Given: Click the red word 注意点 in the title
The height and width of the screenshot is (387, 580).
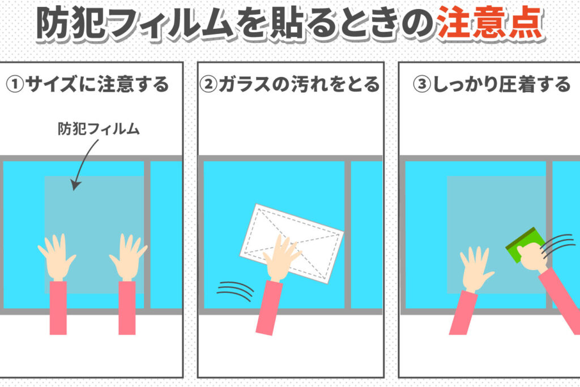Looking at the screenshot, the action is pyautogui.click(x=491, y=23).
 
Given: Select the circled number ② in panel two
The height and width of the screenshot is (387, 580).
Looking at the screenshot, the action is pyautogui.click(x=208, y=84).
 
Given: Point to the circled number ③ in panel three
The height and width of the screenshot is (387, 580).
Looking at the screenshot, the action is pyautogui.click(x=421, y=84).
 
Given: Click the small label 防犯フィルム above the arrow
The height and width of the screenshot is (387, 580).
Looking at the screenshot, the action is pyautogui.click(x=99, y=129).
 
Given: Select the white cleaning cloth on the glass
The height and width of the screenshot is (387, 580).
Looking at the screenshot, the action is pyautogui.click(x=292, y=244).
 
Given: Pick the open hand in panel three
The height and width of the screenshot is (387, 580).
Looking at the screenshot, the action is pyautogui.click(x=476, y=269).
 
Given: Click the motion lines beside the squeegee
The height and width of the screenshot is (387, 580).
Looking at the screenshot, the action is pyautogui.click(x=558, y=245).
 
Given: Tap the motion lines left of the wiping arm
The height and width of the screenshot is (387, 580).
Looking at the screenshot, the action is pyautogui.click(x=235, y=291).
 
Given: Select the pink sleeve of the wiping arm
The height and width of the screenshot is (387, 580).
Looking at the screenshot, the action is pyautogui.click(x=269, y=308).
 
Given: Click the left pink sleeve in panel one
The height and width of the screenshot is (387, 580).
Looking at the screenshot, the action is pyautogui.click(x=58, y=308).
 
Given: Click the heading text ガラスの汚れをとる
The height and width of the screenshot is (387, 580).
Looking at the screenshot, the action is pyautogui.click(x=299, y=84).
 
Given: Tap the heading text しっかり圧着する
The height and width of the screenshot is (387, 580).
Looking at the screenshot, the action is pyautogui.click(x=502, y=84).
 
